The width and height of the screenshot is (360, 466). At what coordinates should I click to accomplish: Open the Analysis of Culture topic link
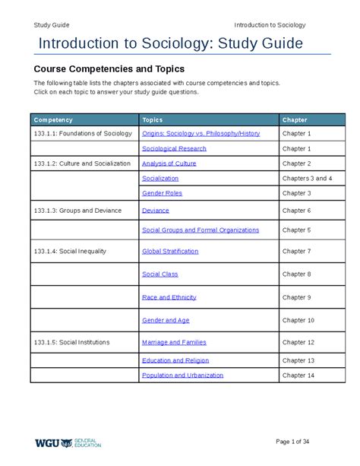pos(169,163)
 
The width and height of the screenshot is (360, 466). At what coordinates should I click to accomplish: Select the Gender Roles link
pos(162,193)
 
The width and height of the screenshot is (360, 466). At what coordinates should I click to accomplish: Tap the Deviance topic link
pos(156,210)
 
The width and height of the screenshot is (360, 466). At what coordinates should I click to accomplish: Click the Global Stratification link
pos(172,251)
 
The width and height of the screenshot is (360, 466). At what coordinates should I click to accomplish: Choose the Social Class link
pos(160,274)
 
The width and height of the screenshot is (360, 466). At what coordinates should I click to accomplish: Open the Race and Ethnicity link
pos(169,297)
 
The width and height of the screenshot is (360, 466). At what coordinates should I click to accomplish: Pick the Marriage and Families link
pos(174,342)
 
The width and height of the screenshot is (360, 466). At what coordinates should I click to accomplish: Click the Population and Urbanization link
pos(182,375)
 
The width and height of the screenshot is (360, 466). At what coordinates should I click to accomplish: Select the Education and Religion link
pos(175,360)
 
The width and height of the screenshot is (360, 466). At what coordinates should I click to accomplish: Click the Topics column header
pos(153,120)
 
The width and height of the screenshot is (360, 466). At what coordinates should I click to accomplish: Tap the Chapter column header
pos(295,120)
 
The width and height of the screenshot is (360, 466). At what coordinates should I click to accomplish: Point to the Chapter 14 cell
pos(298,375)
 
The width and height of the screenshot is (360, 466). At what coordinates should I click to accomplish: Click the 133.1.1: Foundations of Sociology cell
pos(83,133)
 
